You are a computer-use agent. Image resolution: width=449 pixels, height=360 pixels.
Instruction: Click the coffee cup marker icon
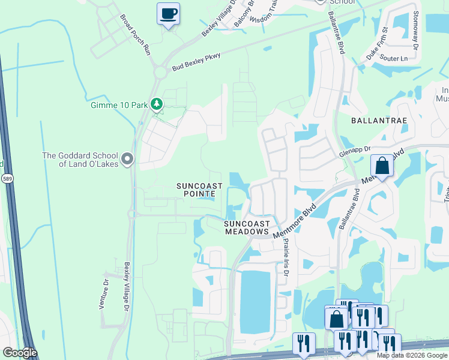168,13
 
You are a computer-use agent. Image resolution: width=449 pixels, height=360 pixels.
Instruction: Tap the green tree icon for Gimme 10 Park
157,105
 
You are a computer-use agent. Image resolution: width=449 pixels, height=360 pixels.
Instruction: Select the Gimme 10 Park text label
119,105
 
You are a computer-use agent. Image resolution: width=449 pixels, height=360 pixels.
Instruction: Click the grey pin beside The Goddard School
127,159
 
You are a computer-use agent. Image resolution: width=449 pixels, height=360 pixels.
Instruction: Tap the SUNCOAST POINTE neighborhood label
200,190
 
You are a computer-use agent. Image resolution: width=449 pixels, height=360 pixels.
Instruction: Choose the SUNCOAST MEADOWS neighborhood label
246,227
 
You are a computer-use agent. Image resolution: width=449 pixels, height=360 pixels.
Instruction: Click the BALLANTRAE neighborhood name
379,121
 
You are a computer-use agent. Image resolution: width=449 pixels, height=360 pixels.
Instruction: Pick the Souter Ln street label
394,59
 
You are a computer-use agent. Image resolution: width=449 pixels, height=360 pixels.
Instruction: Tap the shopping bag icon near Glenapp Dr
381,165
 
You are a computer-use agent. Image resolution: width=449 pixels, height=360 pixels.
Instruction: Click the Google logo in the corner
19,353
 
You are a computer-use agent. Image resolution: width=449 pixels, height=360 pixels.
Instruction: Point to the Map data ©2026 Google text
412,355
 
